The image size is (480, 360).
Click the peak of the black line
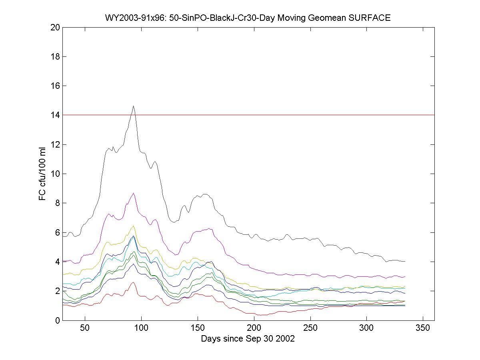click(x=133, y=106)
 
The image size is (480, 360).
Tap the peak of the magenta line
click(x=133, y=193)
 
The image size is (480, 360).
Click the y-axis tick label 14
click(x=55, y=115)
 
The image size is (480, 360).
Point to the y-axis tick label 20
click(x=55, y=27)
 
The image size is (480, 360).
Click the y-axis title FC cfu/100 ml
click(x=43, y=174)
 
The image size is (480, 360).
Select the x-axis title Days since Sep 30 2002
click(x=248, y=339)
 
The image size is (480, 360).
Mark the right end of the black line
click(x=405, y=261)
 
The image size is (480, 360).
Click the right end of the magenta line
click(x=405, y=276)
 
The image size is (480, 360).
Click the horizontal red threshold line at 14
click(x=280, y=115)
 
